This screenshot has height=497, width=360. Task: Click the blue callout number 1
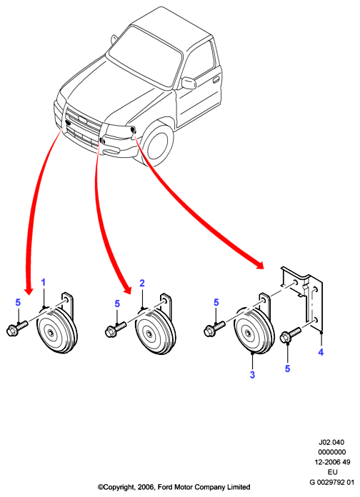[44, 282]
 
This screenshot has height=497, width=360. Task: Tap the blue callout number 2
[142, 283]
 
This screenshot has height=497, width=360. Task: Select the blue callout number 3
[252, 375]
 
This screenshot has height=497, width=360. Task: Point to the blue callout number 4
[321, 352]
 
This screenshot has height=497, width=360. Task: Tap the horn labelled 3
[254, 330]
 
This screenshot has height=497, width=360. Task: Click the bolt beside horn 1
[17, 328]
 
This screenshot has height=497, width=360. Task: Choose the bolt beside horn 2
[116, 329]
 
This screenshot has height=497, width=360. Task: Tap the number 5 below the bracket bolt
[287, 368]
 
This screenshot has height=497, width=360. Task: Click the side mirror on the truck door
[189, 83]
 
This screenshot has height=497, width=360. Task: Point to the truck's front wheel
[158, 144]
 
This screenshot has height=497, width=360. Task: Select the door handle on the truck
[216, 79]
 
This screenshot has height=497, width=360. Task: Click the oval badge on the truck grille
[83, 120]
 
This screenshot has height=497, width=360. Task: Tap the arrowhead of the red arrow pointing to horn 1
[29, 290]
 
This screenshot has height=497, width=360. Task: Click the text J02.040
[331, 442]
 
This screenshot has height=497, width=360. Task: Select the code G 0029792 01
[331, 482]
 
